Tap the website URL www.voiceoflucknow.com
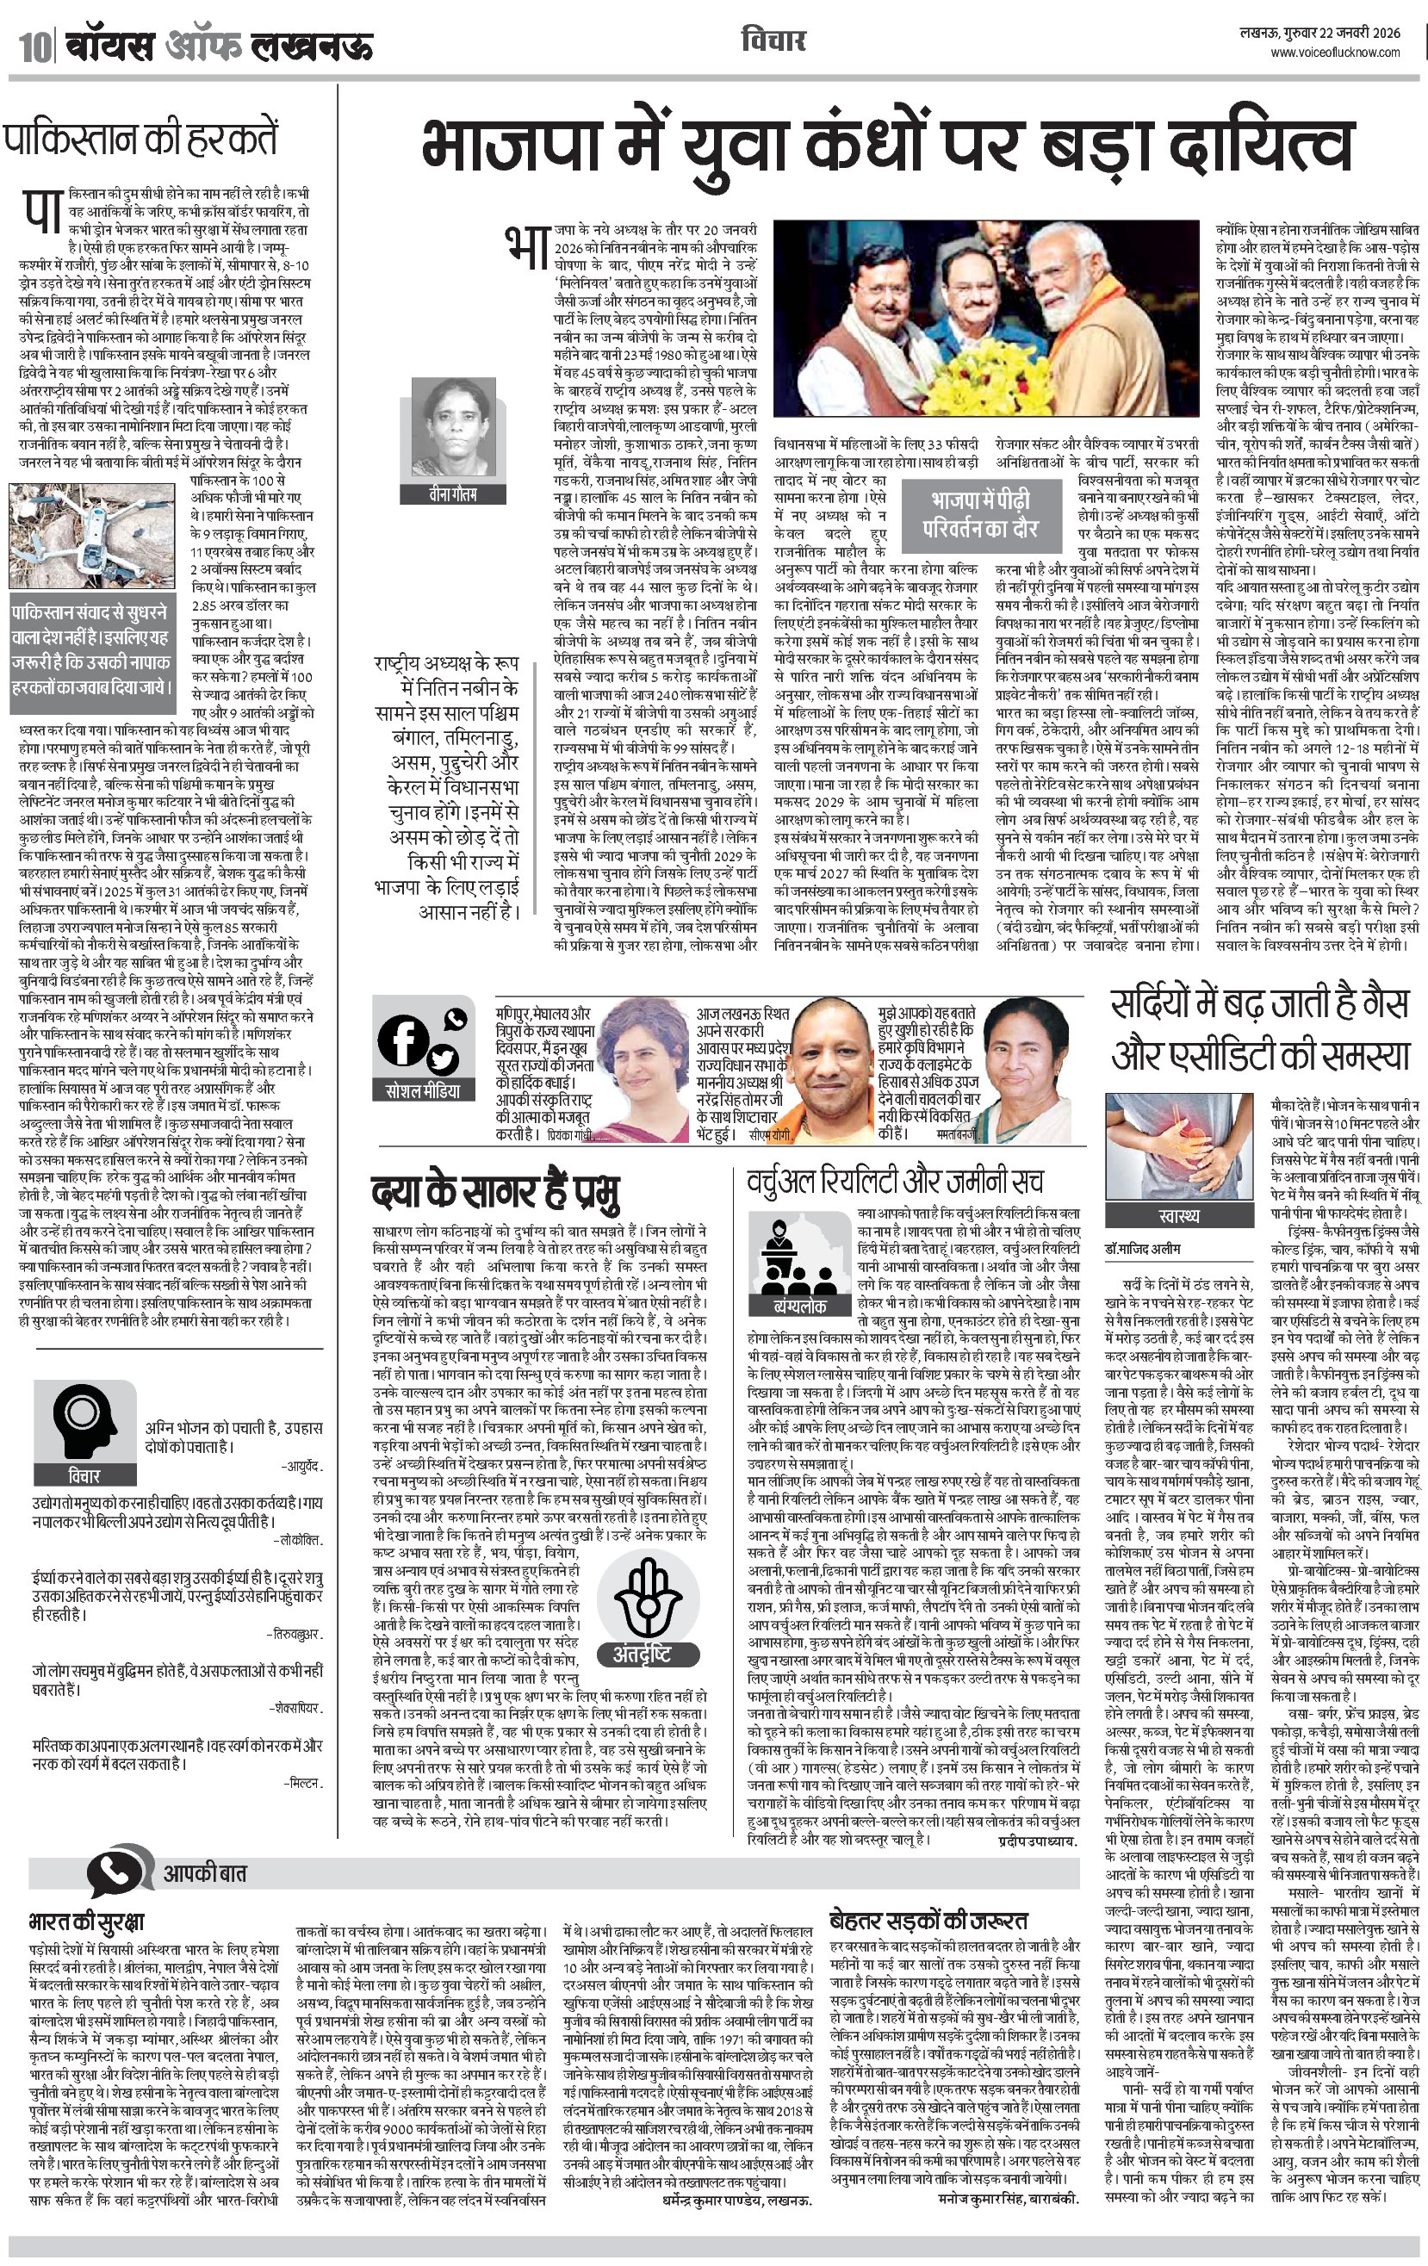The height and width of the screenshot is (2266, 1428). pos(1335,53)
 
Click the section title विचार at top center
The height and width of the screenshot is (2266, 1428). pos(773,40)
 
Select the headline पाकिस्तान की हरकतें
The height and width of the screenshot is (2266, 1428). pos(141,140)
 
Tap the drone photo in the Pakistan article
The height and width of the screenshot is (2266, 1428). pos(92,535)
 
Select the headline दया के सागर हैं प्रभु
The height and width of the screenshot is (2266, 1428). pos(495,1192)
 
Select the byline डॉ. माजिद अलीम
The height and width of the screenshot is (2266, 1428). pos(1143,1249)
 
